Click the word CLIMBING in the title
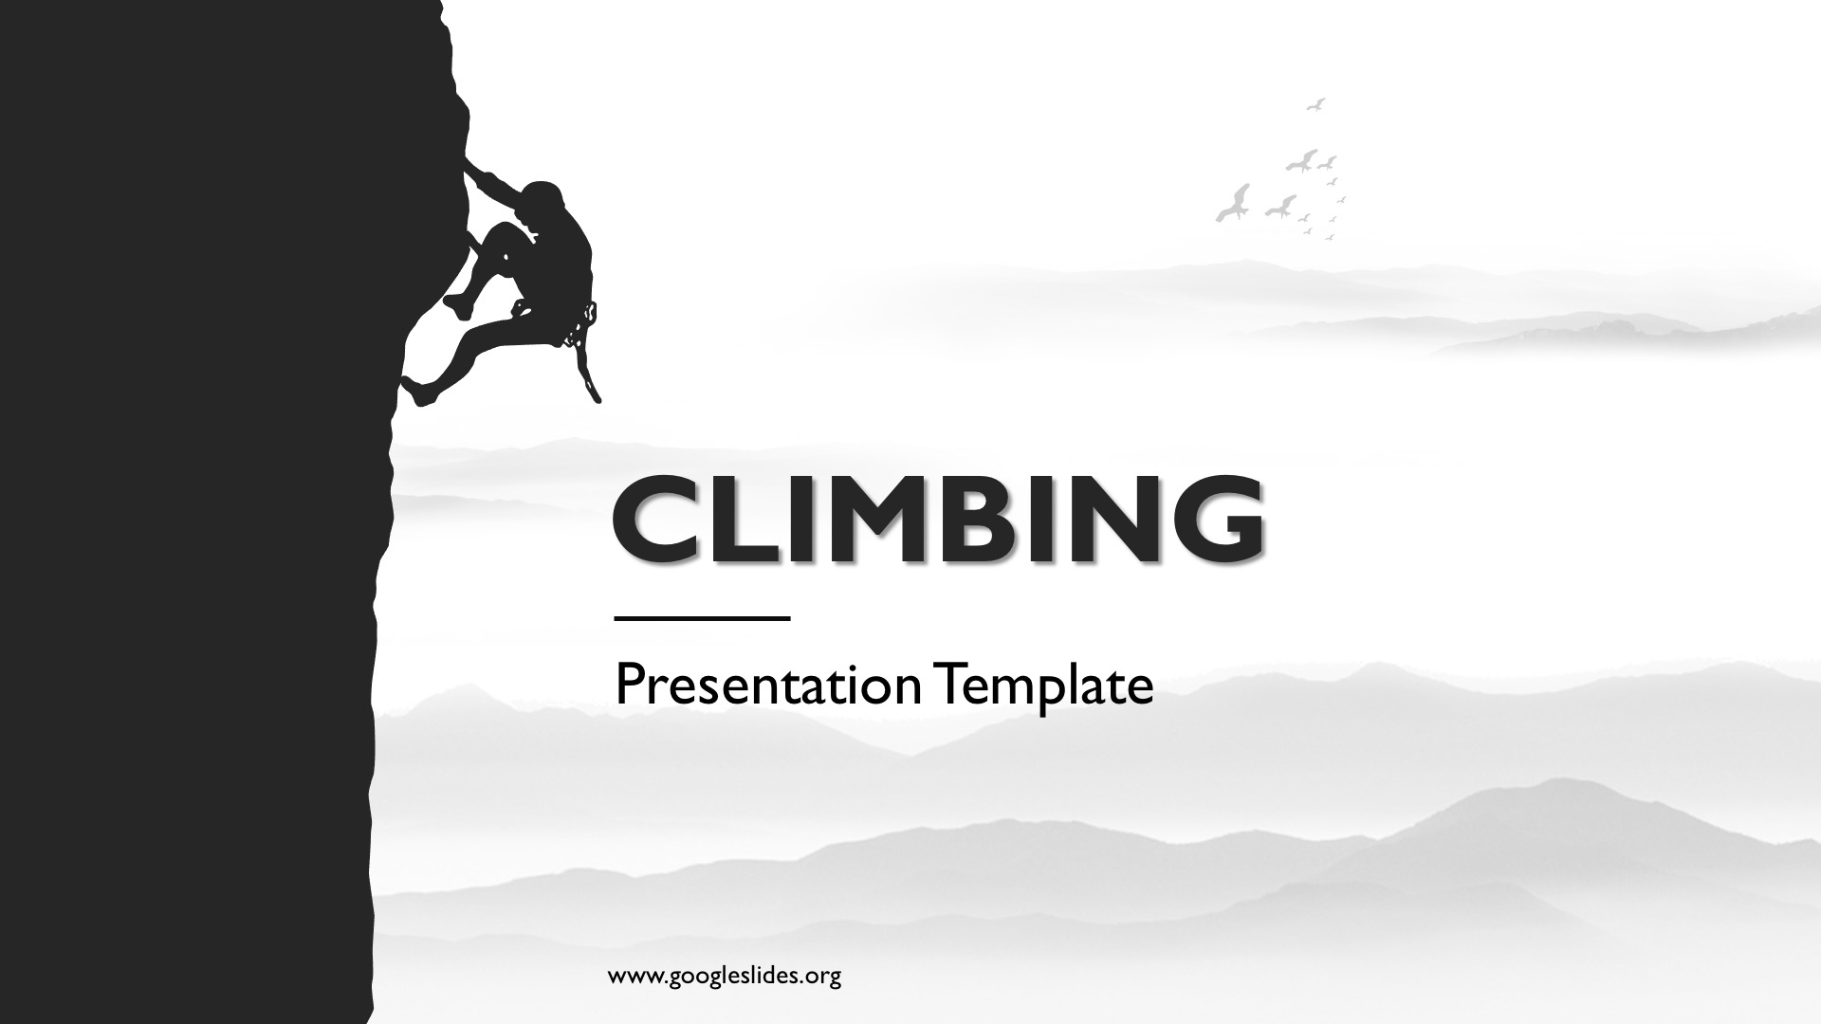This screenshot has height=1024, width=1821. coord(937,520)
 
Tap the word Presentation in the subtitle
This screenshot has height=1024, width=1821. coord(767,685)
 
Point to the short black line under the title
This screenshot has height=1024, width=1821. coord(702,618)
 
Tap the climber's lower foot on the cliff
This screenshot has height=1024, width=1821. coord(418,390)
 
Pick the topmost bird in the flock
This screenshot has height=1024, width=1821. coord(1315,104)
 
